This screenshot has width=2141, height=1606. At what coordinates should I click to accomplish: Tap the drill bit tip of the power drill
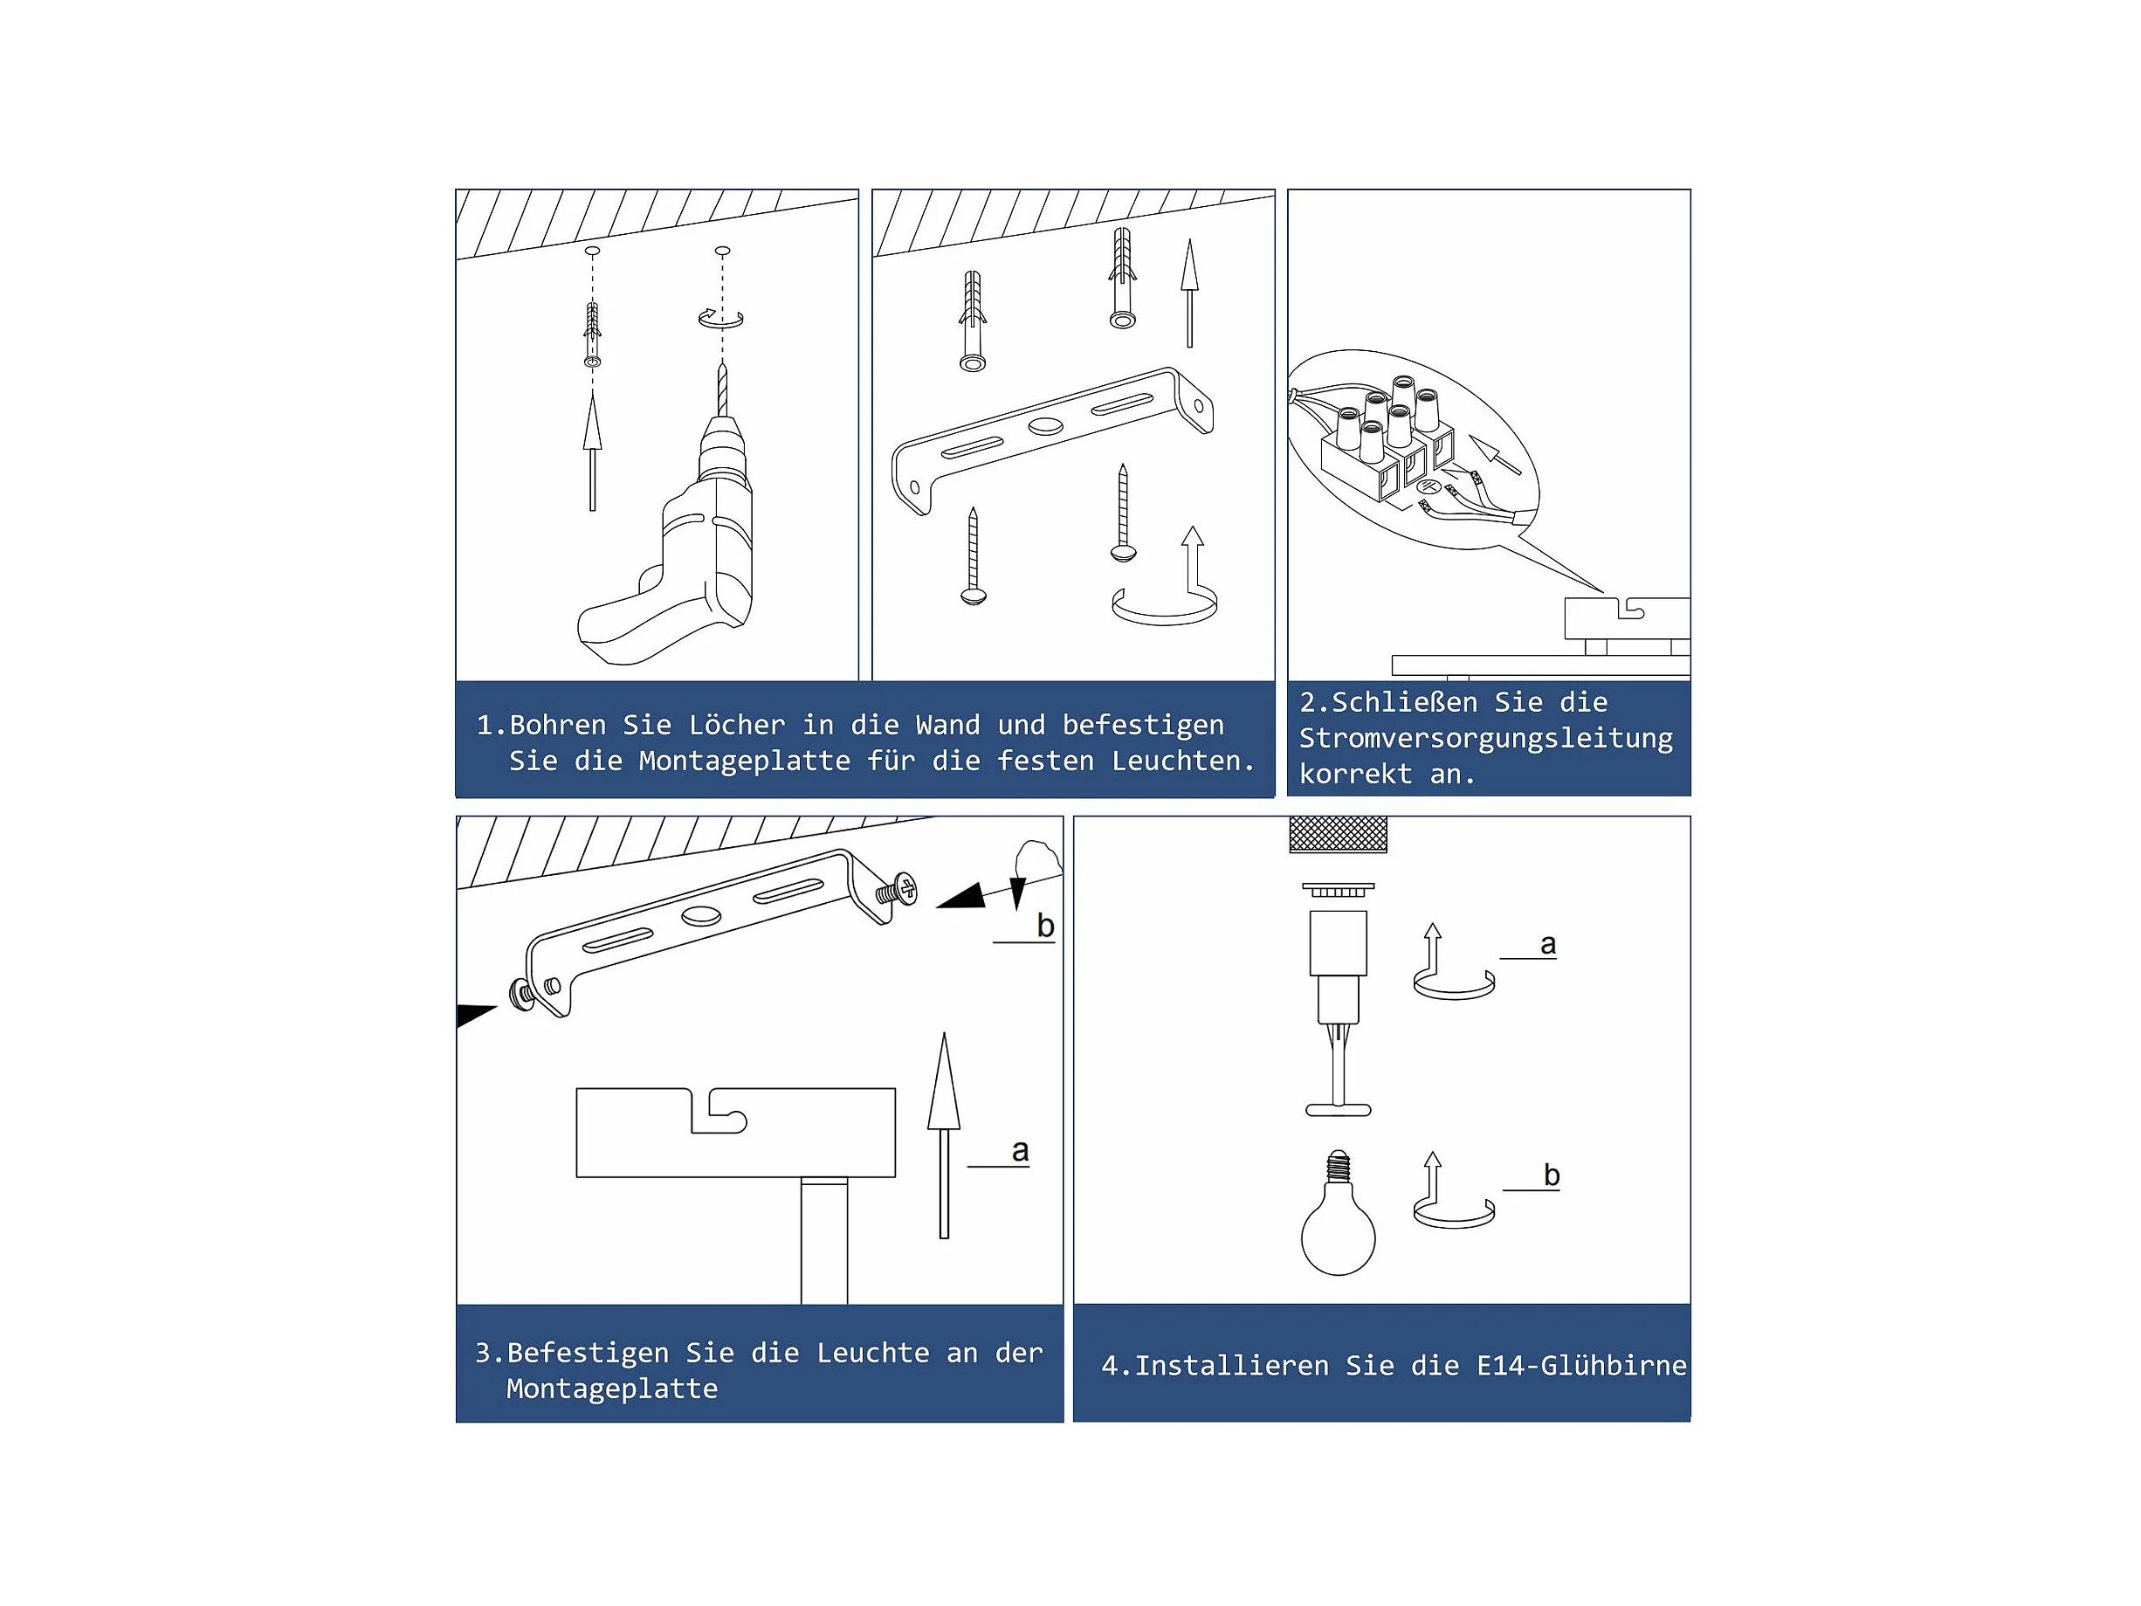pyautogui.click(x=721, y=364)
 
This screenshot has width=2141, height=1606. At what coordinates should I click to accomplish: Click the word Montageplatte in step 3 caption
pyautogui.click(x=612, y=1389)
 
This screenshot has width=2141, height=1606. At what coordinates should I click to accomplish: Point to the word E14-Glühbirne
pyautogui.click(x=1581, y=1365)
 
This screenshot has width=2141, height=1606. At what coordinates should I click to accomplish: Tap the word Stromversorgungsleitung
pyautogui.click(x=1486, y=738)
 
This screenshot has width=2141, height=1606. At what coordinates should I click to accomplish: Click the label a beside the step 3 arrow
pyautogui.click(x=1019, y=1150)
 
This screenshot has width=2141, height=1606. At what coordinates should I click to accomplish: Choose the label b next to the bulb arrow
pyautogui.click(x=1552, y=1175)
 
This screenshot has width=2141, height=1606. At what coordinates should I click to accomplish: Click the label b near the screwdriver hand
pyautogui.click(x=1045, y=926)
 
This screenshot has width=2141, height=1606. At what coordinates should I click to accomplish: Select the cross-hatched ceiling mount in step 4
pyautogui.click(x=1338, y=835)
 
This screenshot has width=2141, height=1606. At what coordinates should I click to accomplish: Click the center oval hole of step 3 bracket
pyautogui.click(x=701, y=915)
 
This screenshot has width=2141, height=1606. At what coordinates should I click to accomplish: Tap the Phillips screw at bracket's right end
pyautogui.click(x=898, y=890)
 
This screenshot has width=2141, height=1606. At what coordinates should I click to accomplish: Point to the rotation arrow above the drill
pyautogui.click(x=721, y=319)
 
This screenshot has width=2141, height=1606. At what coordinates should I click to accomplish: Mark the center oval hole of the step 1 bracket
pyautogui.click(x=1044, y=426)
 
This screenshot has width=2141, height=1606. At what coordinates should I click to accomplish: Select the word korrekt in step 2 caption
pyautogui.click(x=1355, y=774)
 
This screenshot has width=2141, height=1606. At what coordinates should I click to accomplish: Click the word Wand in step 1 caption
pyautogui.click(x=947, y=724)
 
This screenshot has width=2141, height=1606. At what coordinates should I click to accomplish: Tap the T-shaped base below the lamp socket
pyautogui.click(x=1338, y=1109)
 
